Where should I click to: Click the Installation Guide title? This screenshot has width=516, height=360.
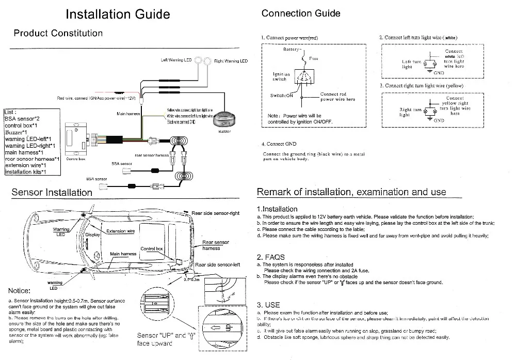tap(118, 14)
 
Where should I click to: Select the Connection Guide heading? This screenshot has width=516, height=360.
tap(301, 13)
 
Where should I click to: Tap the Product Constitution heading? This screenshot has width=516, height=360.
tap(58, 34)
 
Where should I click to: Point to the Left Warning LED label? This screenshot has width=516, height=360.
tap(176, 60)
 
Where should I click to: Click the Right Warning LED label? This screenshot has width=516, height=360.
tap(231, 61)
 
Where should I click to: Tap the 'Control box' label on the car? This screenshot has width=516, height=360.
tap(152, 248)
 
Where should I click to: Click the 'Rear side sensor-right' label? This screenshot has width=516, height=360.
tap(216, 213)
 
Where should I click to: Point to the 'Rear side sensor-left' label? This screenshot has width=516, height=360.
tap(218, 265)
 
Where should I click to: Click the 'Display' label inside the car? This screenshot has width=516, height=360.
tap(93, 234)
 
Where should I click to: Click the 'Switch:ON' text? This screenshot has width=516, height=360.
tap(282, 96)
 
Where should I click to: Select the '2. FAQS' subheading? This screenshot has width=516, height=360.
tap(271, 257)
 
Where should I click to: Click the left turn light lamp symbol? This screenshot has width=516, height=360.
tap(426, 64)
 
